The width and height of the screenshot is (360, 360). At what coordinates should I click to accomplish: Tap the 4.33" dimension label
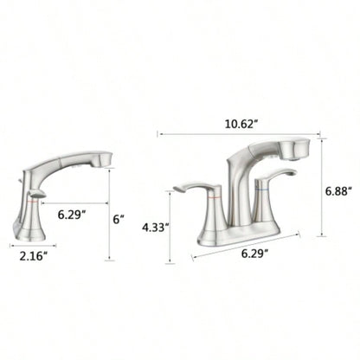155,228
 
